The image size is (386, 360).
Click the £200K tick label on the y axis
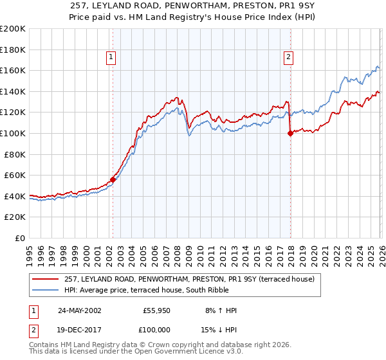pyautogui.click(x=13, y=29)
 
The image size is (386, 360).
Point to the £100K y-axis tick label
pyautogui.click(x=13, y=133)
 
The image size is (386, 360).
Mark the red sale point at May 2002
pyautogui.click(x=113, y=179)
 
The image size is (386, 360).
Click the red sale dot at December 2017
pyautogui.click(x=290, y=134)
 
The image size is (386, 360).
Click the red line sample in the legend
pyautogui.click(x=46, y=280)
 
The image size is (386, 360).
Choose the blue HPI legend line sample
pyautogui.click(x=46, y=291)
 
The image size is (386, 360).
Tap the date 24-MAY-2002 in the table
pyautogui.click(x=79, y=310)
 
